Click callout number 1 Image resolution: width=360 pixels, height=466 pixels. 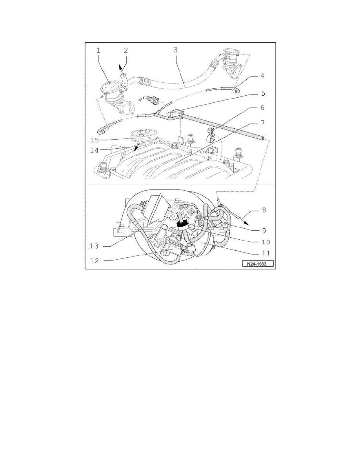coord(99,50)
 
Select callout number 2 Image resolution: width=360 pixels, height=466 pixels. coord(126,50)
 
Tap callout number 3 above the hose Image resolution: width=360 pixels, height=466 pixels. coord(176,50)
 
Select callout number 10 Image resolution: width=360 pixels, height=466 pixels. coord(262,242)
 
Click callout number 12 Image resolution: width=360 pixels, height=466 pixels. coord(95,260)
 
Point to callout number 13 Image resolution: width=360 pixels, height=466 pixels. coord(95,246)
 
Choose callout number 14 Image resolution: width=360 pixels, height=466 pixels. coord(95,149)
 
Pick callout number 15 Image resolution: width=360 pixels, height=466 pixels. coord(95,140)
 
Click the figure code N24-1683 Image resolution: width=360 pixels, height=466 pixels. coord(257,264)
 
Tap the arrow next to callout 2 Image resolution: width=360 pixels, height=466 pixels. coord(121,67)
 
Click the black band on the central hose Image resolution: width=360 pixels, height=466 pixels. coord(181,224)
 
